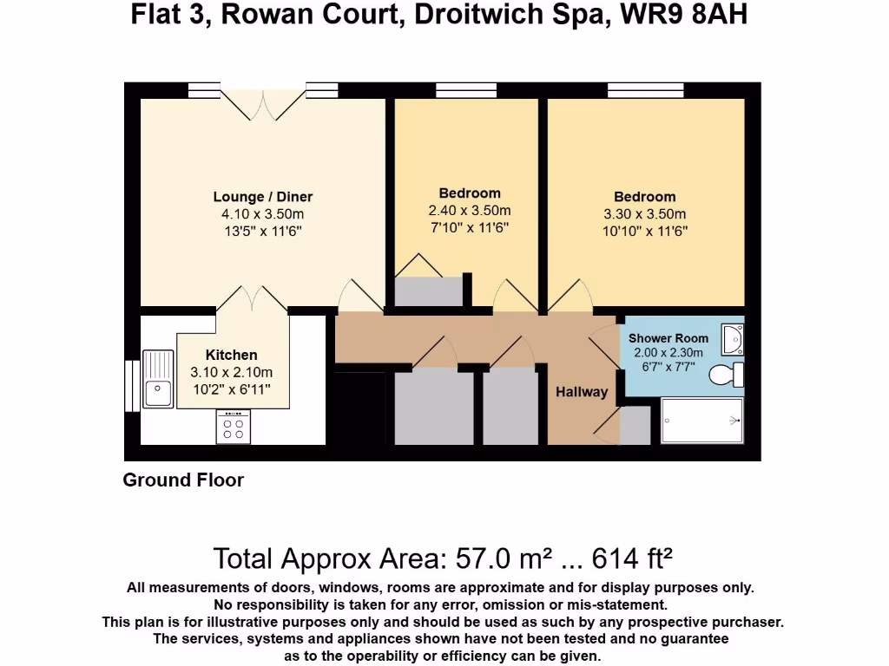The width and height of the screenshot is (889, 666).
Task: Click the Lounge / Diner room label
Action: tap(263, 197)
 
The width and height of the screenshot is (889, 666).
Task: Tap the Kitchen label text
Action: tap(231, 355)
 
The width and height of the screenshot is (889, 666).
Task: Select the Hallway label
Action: tap(582, 392)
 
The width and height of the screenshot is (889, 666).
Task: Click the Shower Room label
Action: tap(668, 338)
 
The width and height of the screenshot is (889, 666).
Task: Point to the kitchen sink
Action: tap(157, 377)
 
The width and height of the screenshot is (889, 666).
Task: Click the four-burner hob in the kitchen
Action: tap(234, 427)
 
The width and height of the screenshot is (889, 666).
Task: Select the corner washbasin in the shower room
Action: tap(733, 340)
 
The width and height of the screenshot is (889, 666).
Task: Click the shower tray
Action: tap(702, 421)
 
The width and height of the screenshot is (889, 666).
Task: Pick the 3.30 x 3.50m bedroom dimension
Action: tap(645, 214)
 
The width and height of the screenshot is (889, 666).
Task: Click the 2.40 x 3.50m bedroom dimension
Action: tap(470, 211)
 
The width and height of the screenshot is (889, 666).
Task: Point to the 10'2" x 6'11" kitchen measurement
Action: tap(231, 389)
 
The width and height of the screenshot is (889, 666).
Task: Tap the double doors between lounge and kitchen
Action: tap(252, 298)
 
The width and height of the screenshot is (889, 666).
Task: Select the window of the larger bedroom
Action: tap(645, 89)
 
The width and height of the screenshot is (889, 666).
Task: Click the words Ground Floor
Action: tap(183, 480)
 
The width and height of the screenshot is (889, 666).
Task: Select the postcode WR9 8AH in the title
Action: tap(684, 16)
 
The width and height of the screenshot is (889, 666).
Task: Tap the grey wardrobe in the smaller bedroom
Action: tap(429, 291)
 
